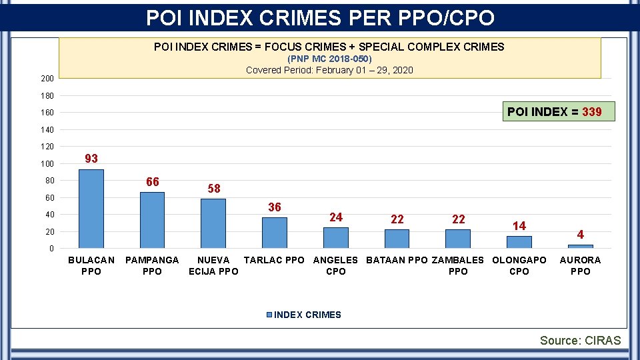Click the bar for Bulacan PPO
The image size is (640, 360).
point(91,209)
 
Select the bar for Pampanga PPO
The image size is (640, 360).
point(152,220)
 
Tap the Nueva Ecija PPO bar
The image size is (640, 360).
point(213,223)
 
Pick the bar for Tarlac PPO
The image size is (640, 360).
point(275,233)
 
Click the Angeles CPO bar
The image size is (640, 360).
point(336,238)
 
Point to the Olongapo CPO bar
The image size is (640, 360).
point(519,242)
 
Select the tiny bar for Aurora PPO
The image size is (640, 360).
point(581,247)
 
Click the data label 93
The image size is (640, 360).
point(91,159)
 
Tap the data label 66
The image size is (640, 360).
point(153,182)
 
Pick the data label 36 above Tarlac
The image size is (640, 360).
point(275,207)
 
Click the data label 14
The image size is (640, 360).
point(519,226)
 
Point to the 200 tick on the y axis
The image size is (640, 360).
point(47,79)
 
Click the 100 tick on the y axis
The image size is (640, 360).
point(47,164)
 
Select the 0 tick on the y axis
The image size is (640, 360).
point(51,249)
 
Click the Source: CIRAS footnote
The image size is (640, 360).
point(580,341)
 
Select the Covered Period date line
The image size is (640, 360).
point(329,70)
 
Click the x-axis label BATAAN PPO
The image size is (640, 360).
point(397,260)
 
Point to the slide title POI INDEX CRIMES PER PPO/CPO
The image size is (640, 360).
point(320,17)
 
